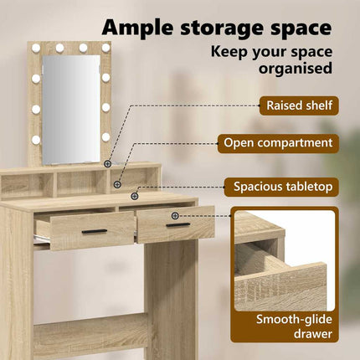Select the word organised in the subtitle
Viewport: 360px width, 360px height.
point(296,69)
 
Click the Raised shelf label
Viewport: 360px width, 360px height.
point(299,105)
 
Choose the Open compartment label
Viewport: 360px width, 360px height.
point(278,143)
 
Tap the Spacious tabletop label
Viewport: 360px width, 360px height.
point(282,187)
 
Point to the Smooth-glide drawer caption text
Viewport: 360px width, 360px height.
point(294,327)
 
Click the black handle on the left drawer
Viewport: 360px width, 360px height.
point(95,231)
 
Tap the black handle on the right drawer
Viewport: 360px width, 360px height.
point(178,225)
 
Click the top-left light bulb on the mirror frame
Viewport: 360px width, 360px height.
point(36,49)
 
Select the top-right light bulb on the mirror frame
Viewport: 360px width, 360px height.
point(105,48)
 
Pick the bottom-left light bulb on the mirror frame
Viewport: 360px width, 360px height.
point(36,140)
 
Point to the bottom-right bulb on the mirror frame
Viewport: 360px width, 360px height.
point(105,136)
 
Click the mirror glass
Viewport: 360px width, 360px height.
point(71,110)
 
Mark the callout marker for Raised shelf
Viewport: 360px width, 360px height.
point(107,164)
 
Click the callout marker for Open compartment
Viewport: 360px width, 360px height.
point(117,184)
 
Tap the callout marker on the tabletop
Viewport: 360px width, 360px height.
point(135,196)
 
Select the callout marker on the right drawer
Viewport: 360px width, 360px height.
point(175,215)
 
